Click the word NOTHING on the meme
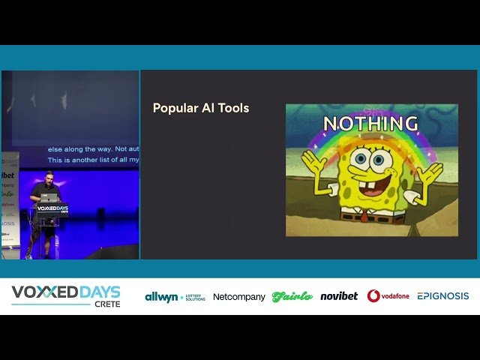pyautogui.click(x=370, y=124)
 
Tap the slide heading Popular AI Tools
pyautogui.click(x=200, y=108)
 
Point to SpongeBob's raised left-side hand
pyautogui.click(x=312, y=163)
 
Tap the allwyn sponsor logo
pyautogui.click(x=175, y=296)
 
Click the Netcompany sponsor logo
pyautogui.click(x=238, y=297)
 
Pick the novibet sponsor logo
pyautogui.click(x=339, y=296)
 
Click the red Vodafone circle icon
pyautogui.click(x=373, y=296)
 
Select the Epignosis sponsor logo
pyautogui.click(x=442, y=296)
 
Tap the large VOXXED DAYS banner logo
pyautogui.click(x=65, y=292)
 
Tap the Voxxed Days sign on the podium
pyautogui.click(x=52, y=211)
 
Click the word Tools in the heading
pyautogui.click(x=233, y=108)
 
